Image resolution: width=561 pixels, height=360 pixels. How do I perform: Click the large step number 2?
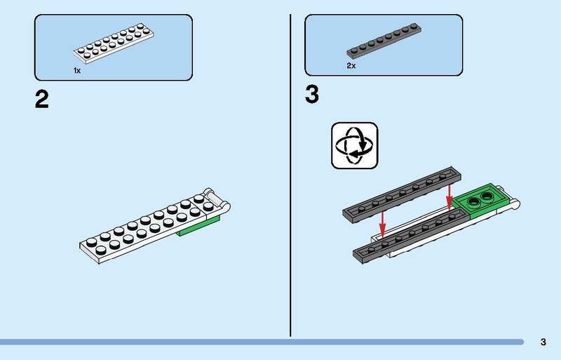click(x=41, y=100)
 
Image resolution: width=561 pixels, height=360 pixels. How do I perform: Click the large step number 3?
click(x=312, y=95)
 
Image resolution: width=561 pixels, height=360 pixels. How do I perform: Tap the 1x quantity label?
click(x=77, y=71)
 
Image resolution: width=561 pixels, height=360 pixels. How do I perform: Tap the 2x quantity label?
click(x=351, y=65)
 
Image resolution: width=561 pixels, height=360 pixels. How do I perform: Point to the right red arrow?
click(x=450, y=199)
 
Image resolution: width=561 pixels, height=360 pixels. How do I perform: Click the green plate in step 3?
click(x=484, y=202)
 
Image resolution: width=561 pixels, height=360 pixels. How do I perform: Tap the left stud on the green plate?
click(x=475, y=203)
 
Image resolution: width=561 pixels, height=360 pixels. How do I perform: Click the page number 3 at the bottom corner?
click(x=543, y=342)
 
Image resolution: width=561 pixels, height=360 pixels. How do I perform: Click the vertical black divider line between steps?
click(x=290, y=175)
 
